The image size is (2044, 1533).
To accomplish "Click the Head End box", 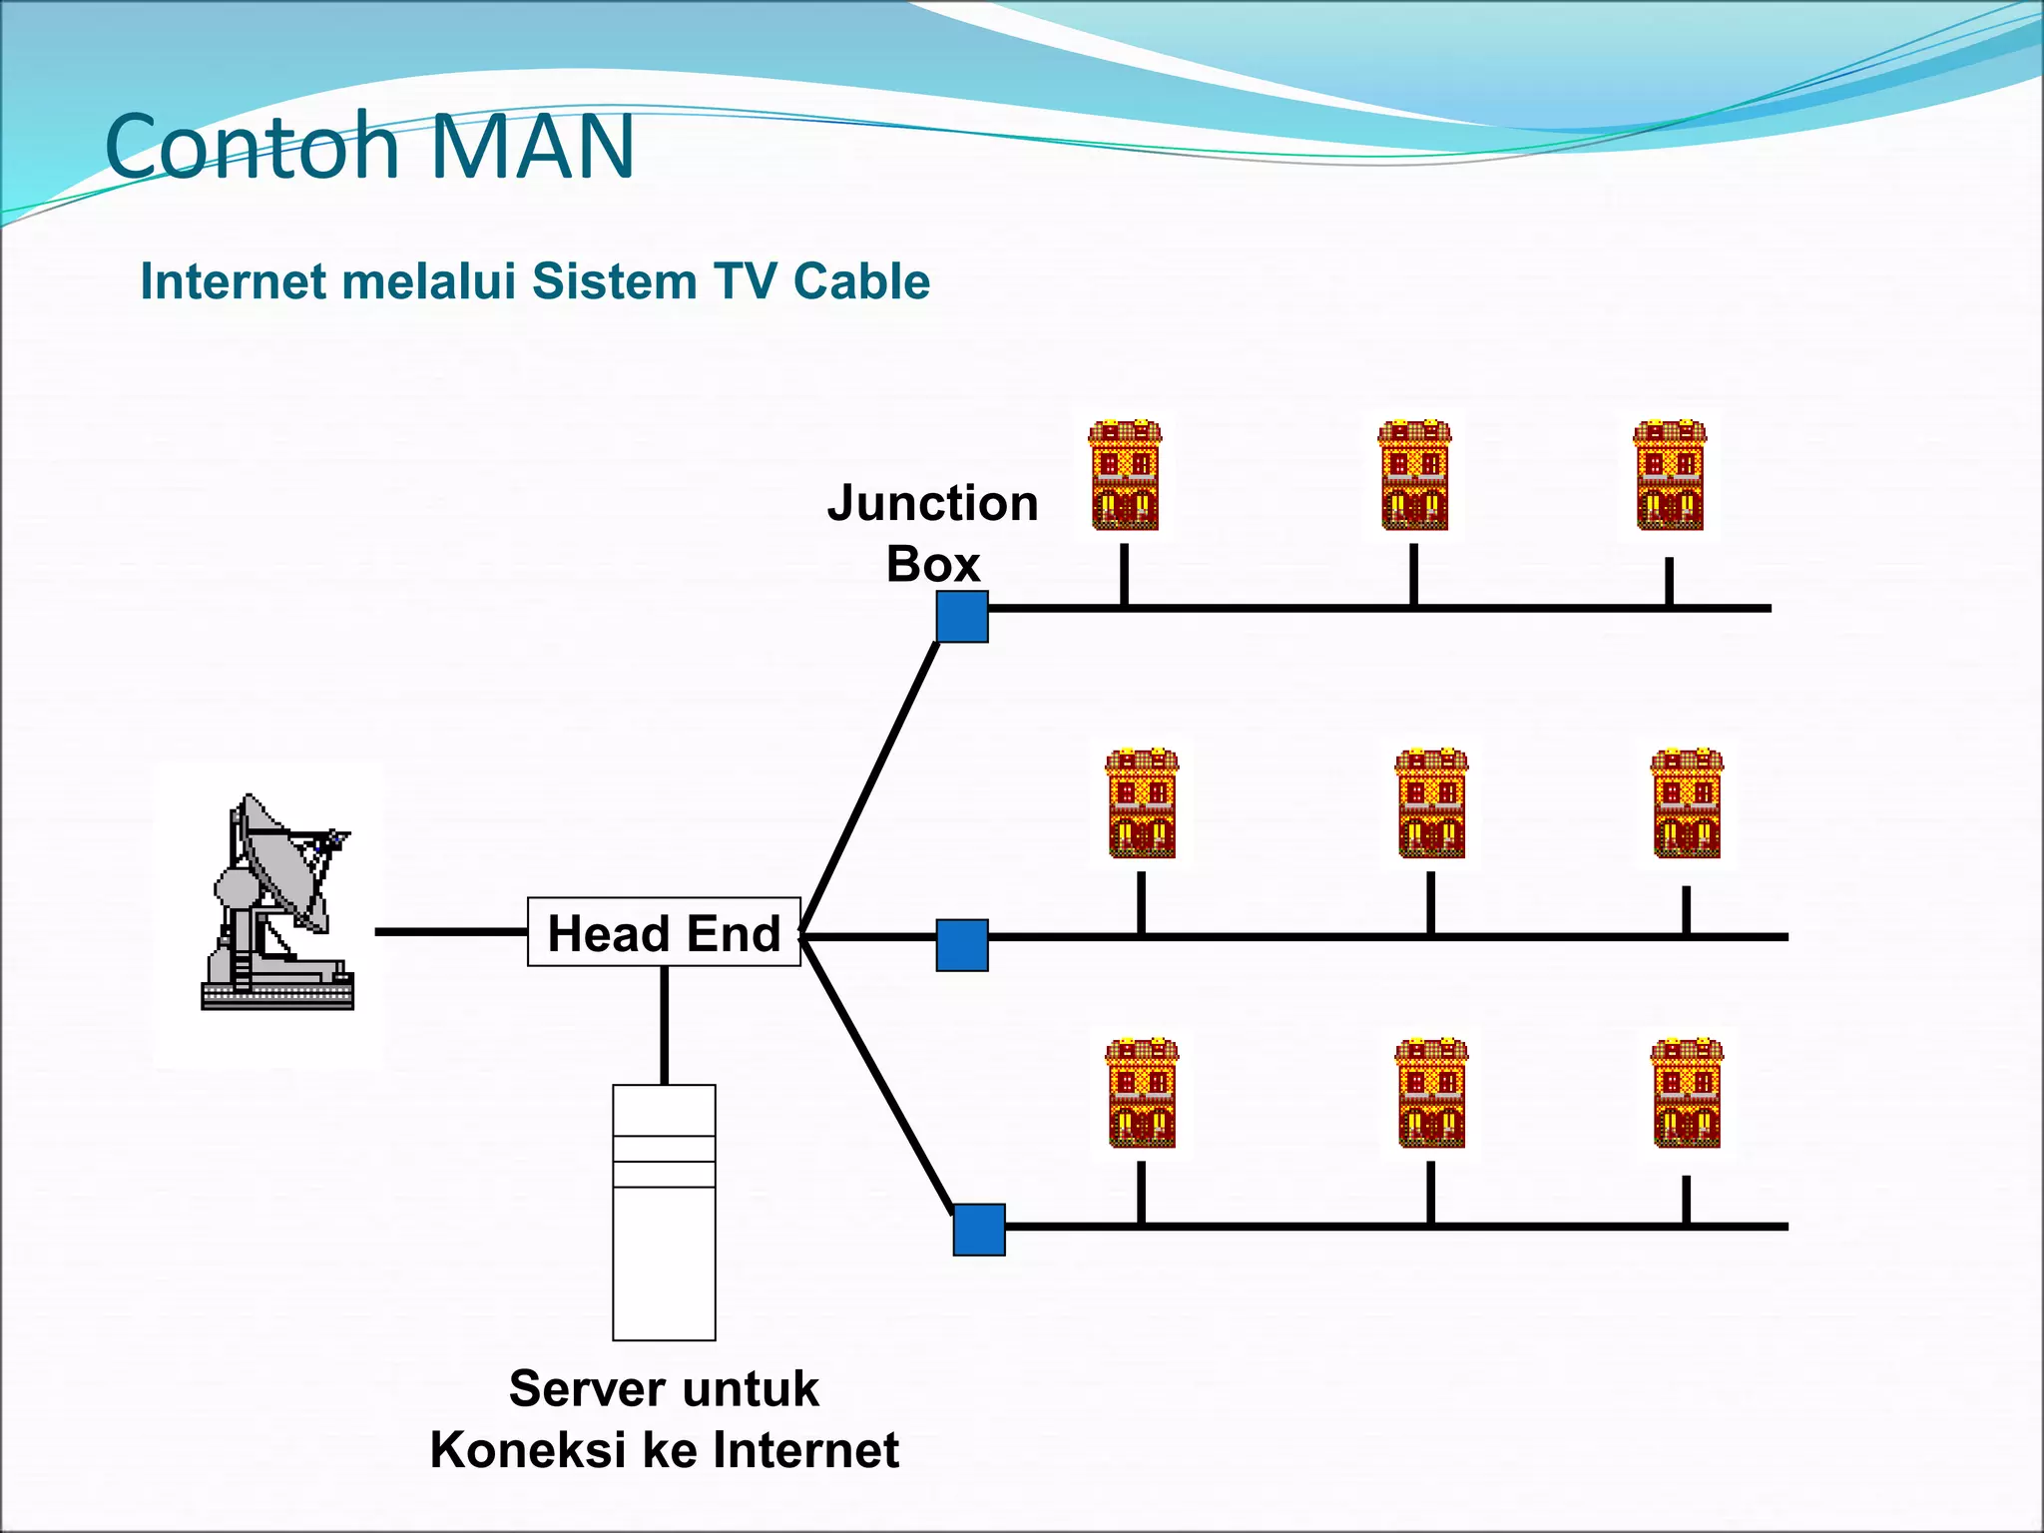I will point(664,932).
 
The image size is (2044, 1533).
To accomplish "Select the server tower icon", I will point(664,1212).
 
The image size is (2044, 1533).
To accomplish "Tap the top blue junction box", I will point(962,616).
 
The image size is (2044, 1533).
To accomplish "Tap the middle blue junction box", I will point(962,945).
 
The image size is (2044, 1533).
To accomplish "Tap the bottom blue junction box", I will point(979,1230).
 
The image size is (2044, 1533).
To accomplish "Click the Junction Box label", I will point(932,533).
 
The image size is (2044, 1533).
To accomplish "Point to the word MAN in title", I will point(533,147).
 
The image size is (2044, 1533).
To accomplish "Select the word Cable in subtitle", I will point(861,281).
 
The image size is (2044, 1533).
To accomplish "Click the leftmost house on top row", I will point(1125,475).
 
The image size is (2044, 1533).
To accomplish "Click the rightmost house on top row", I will point(1670,475).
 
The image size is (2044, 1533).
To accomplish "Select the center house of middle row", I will point(1431,803).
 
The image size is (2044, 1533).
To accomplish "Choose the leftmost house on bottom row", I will point(1142,1093).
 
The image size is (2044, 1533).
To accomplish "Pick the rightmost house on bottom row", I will point(1687,1093).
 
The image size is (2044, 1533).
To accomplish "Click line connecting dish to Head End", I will point(450,932).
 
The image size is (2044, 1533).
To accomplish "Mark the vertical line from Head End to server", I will point(664,1025).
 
